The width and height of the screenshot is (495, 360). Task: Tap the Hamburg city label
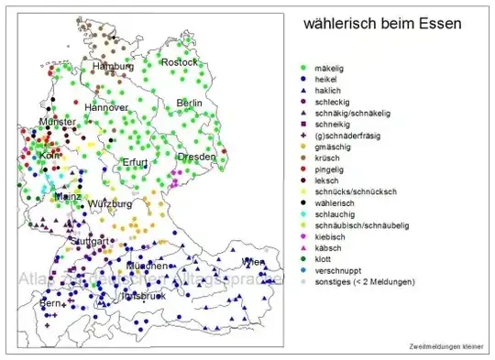coord(113,67)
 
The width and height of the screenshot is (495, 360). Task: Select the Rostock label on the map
coord(179,62)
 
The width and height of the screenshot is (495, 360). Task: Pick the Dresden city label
coord(197,157)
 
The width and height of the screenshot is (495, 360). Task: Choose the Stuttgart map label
coord(89,242)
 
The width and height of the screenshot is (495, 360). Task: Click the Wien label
coord(253,263)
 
